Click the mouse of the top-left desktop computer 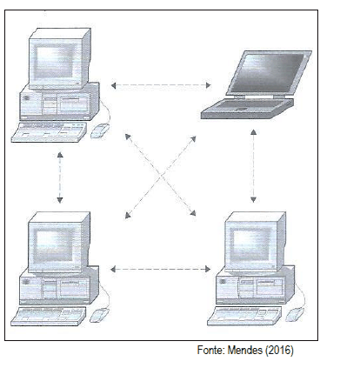100,130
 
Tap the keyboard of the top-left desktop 49,132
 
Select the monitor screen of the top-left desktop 54,62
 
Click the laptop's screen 268,72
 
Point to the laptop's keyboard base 247,109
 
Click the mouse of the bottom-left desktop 99,315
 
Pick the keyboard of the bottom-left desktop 49,317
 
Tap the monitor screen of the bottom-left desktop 53,245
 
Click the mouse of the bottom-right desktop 295,315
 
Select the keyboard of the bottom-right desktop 244,316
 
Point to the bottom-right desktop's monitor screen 250,244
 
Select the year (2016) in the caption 279,351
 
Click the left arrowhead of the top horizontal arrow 114,85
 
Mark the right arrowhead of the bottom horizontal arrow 208,269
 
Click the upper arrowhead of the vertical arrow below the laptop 253,132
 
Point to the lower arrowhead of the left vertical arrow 60,200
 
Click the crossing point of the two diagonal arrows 161,175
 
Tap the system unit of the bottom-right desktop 255,285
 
